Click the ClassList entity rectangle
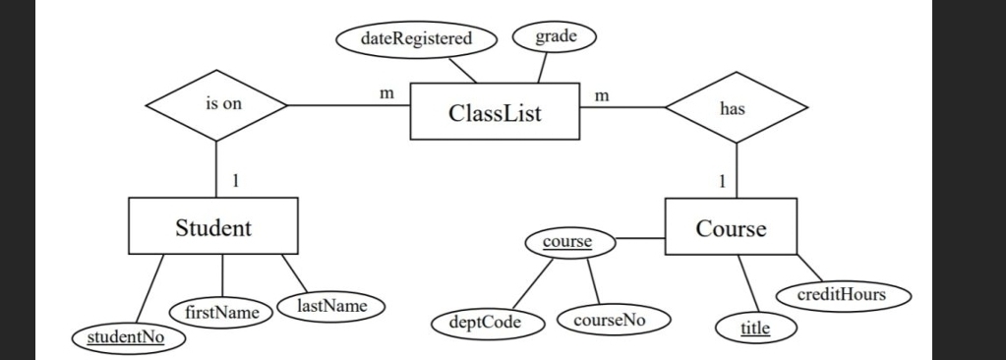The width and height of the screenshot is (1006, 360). click(x=495, y=112)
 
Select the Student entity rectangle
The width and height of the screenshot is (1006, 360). click(x=212, y=228)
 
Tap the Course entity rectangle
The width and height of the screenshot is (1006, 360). click(x=731, y=228)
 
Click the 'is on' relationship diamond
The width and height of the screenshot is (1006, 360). click(x=216, y=104)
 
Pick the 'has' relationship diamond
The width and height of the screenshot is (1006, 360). click(x=736, y=109)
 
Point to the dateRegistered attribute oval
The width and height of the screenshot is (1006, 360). click(x=417, y=39)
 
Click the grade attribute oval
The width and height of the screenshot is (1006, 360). click(x=555, y=36)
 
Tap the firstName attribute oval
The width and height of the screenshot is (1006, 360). click(x=214, y=312)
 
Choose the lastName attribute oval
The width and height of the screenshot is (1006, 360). click(x=331, y=307)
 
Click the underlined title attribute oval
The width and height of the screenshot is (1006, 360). click(x=755, y=327)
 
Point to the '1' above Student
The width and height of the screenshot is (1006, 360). click(x=234, y=179)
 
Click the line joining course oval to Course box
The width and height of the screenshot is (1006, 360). click(x=640, y=239)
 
